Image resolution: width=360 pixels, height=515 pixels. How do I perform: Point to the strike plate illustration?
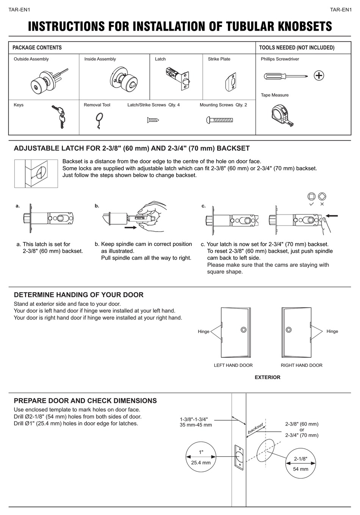(x=230, y=82)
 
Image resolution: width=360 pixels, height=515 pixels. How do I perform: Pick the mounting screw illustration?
(x=218, y=121)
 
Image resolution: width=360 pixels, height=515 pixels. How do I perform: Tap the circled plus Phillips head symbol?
(x=319, y=75)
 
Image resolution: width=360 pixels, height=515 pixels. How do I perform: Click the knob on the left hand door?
(x=243, y=330)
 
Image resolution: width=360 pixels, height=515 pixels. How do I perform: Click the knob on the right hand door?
(x=289, y=330)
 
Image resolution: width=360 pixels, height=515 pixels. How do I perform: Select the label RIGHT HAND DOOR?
(x=301, y=365)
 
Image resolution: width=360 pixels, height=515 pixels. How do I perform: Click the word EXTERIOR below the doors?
(x=268, y=377)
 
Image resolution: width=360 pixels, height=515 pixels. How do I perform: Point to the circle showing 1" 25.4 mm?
(x=201, y=457)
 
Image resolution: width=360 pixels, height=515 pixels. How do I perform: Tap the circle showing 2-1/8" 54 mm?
(x=301, y=463)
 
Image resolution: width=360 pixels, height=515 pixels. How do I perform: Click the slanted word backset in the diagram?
(x=255, y=428)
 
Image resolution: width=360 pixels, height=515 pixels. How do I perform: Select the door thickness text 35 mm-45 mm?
(x=196, y=425)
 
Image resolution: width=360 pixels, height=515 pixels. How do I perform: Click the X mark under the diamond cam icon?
(x=322, y=204)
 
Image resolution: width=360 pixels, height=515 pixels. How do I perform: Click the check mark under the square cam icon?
(x=311, y=204)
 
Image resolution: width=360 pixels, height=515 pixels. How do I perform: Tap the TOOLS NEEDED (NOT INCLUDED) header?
(x=296, y=48)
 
